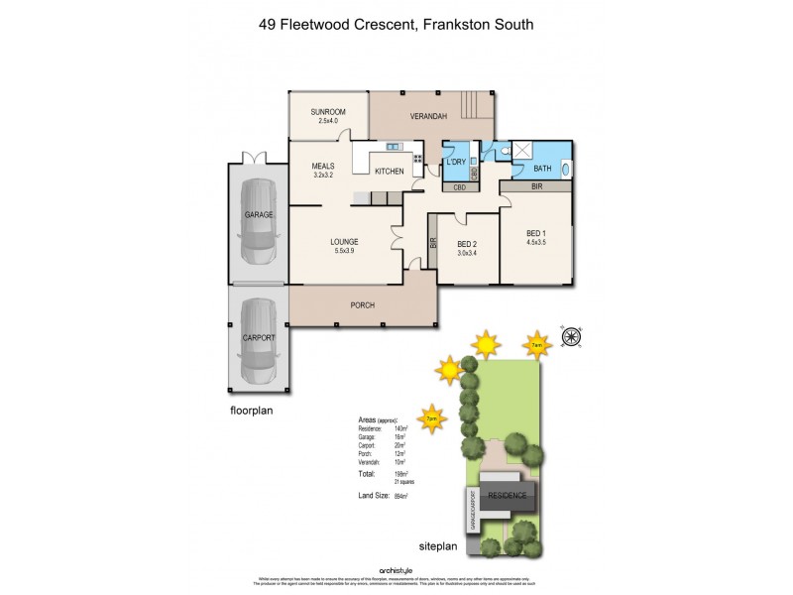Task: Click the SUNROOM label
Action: [x=326, y=112]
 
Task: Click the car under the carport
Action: [x=258, y=338]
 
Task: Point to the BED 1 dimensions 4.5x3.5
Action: [x=535, y=241]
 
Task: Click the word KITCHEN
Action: [x=389, y=172]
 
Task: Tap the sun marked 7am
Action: [x=536, y=343]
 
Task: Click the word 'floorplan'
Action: [x=252, y=409]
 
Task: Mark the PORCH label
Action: [x=363, y=304]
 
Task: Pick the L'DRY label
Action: [x=457, y=162]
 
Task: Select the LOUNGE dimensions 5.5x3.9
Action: [x=344, y=252]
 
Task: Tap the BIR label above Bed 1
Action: [x=535, y=185]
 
